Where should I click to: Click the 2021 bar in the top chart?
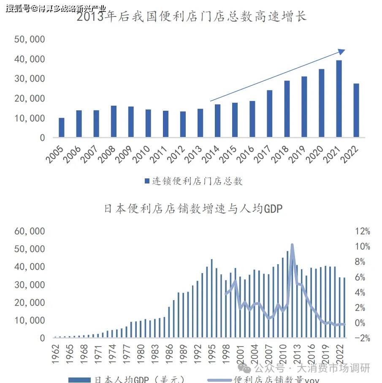[x=339, y=98]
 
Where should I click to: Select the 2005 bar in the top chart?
[x=62, y=127]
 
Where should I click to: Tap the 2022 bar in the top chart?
[x=356, y=110]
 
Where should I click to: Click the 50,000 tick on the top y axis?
[x=30, y=39]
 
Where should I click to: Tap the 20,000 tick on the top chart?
[x=30, y=98]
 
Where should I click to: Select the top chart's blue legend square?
[x=147, y=181]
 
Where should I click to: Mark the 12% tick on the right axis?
[x=363, y=231]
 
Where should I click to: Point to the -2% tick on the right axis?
[x=363, y=338]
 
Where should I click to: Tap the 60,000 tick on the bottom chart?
[x=30, y=231]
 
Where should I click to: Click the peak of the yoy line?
[x=292, y=245]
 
